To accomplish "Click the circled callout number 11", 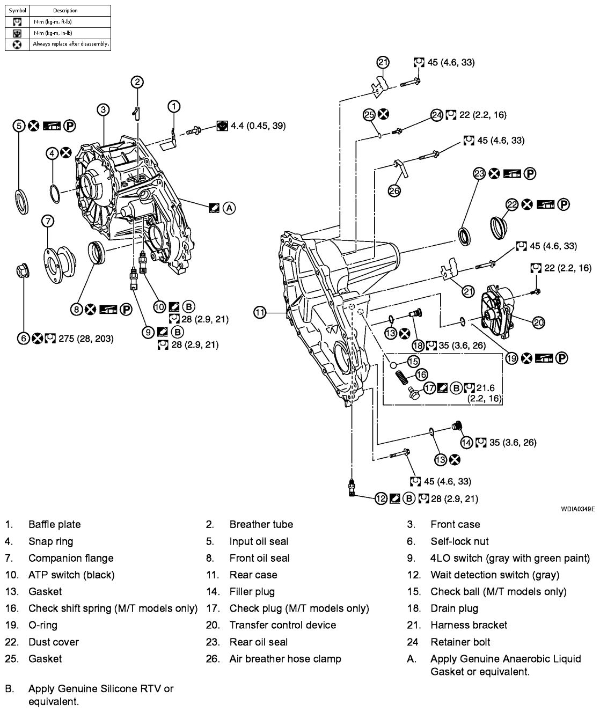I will (260, 312).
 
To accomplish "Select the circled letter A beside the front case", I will (229, 208).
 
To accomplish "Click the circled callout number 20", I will (539, 322).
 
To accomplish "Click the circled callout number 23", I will (479, 173).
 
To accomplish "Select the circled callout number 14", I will (467, 442).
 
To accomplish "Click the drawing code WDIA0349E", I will (577, 508).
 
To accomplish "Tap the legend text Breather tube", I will (261, 524).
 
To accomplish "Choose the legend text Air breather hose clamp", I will (285, 658).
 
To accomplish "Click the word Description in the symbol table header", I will (65, 10).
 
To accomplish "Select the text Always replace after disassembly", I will (71, 44).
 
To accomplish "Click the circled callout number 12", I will (381, 498).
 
